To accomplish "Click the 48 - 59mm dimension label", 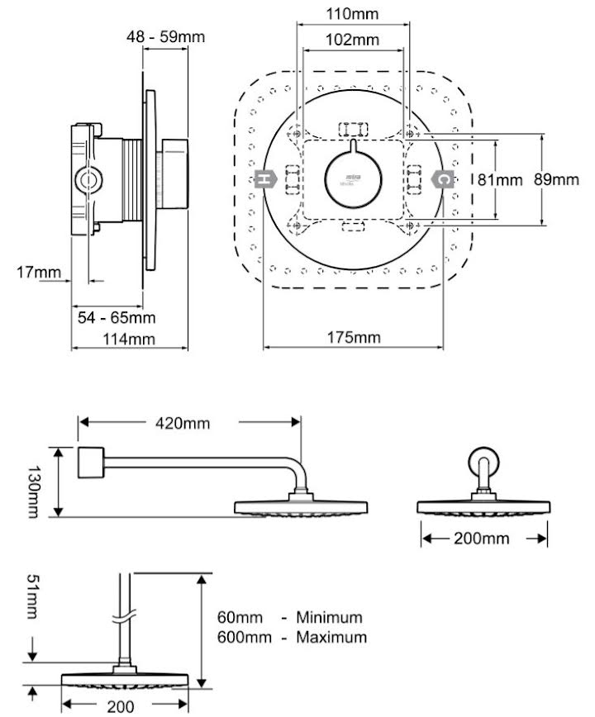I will (x=165, y=37).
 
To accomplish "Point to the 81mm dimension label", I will (x=501, y=179).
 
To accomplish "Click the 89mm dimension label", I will (x=555, y=179).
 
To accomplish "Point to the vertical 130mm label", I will (x=32, y=483).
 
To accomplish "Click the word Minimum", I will (x=330, y=617).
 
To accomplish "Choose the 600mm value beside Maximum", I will (x=240, y=637).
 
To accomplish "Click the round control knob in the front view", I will (x=353, y=179).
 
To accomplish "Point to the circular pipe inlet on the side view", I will (x=88, y=178).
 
